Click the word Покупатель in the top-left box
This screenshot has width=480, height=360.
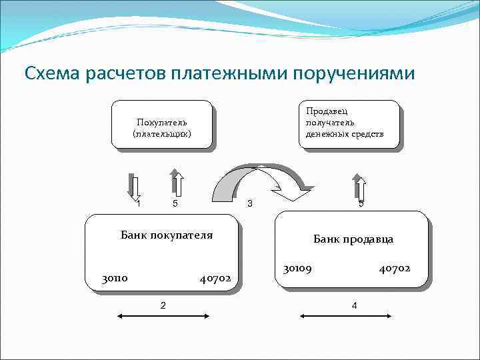[x=162, y=122]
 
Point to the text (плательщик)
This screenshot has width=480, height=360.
[x=162, y=133]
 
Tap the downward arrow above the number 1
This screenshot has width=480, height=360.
[x=136, y=186]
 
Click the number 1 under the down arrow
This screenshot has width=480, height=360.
[x=139, y=203]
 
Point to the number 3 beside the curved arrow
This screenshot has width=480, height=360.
[x=249, y=203]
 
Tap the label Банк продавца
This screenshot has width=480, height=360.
[x=353, y=239]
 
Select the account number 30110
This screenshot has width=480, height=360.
[x=115, y=278]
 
